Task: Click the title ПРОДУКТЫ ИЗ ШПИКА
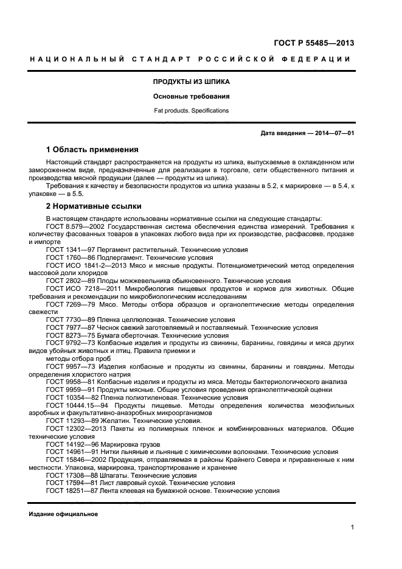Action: point(191,81)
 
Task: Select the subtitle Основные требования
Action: point(191,96)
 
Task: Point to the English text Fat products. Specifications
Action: point(191,111)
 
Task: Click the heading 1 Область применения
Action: point(92,149)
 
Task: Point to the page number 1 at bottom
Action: point(352,528)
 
